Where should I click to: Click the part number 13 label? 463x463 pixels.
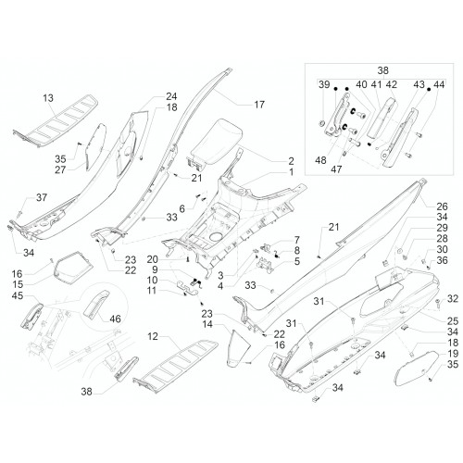click(x=48, y=98)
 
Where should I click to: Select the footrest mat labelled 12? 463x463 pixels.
click(x=175, y=366)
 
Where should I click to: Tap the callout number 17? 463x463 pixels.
click(x=259, y=105)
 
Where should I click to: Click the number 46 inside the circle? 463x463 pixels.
click(x=115, y=319)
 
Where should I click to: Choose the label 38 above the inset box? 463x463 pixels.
click(x=382, y=70)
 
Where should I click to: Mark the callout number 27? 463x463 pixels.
click(x=60, y=169)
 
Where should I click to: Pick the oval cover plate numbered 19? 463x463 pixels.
click(x=417, y=369)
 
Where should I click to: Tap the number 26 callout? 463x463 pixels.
click(x=442, y=206)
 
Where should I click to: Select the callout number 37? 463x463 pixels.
click(x=42, y=197)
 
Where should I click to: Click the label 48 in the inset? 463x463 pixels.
click(x=320, y=160)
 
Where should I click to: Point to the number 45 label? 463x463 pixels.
click(x=18, y=295)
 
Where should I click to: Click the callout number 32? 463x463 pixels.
click(x=453, y=299)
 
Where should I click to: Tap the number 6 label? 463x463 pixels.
click(x=182, y=209)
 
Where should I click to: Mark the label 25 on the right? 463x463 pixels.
click(x=453, y=321)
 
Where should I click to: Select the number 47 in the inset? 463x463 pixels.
click(x=336, y=169)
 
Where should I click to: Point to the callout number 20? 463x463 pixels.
click(x=153, y=259)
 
